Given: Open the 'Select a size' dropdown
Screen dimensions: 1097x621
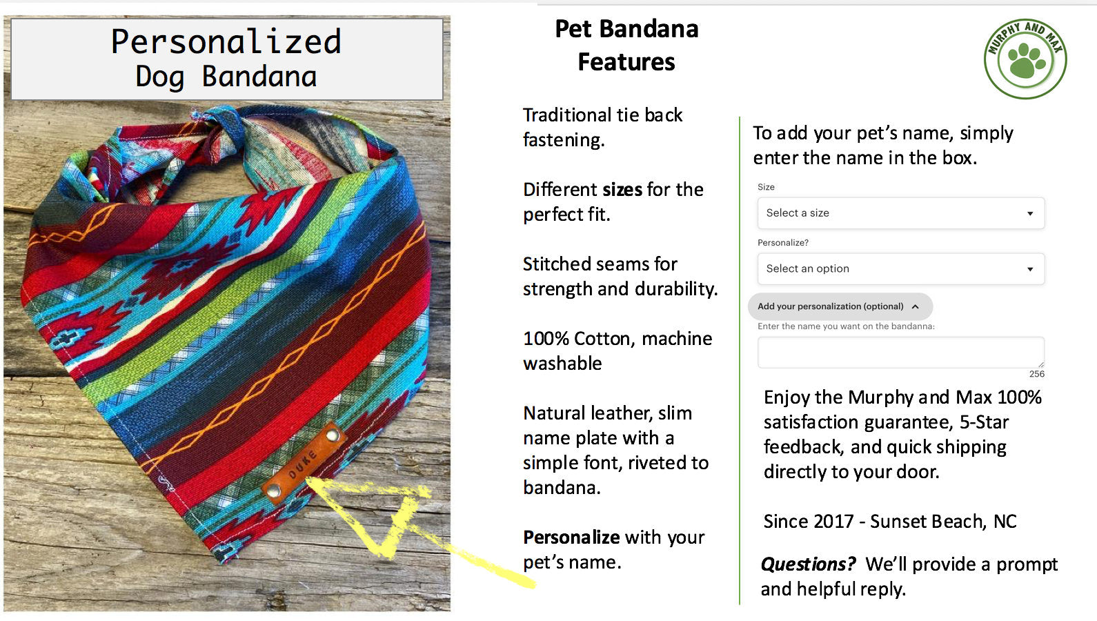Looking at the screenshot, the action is pos(900,213).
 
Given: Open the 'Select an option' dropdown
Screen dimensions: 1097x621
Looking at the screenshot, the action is pos(900,269).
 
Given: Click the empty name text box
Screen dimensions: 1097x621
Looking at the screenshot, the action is pos(900,352).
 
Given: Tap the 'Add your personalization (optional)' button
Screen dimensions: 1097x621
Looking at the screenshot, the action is pos(840,306).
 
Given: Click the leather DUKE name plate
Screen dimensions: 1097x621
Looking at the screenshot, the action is pos(304,462).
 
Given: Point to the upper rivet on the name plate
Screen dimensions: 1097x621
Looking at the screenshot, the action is pos(333,435).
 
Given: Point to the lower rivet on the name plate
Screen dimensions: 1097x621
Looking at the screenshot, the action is pos(274,491).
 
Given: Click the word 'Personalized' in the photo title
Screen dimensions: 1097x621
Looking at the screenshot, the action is pos(226,42).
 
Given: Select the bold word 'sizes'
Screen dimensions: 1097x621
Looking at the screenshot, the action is pos(622,190).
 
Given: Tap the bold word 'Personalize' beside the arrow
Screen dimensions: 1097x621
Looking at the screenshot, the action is pos(571,538).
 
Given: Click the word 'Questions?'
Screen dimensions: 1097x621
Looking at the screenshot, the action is pos(808,564).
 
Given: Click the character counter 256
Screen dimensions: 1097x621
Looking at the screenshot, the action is pos(1037,374).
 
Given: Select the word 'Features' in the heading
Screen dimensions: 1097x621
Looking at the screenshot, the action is pos(626,62).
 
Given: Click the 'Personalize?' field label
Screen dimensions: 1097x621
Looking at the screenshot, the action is pos(782,243).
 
